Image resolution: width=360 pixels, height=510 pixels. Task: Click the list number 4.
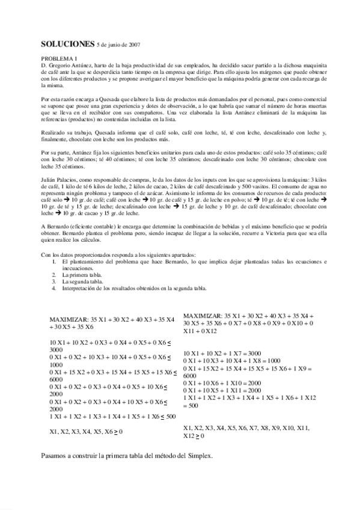[53, 287]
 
